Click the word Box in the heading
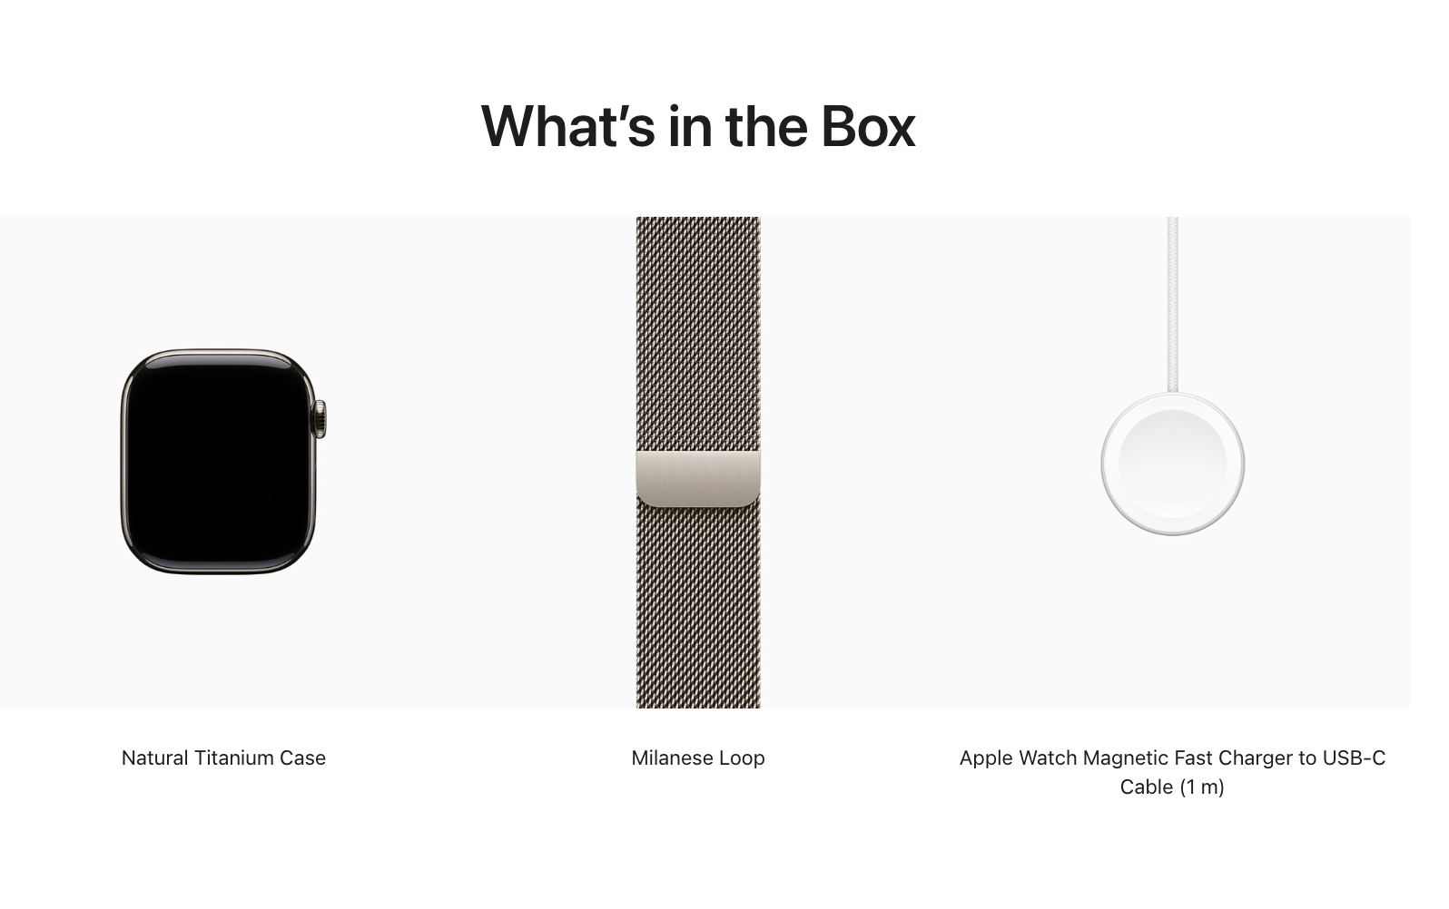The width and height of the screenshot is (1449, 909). [868, 126]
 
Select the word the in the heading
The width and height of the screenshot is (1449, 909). [766, 126]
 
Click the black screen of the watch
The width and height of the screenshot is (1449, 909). [218, 461]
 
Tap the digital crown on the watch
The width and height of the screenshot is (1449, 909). [320, 419]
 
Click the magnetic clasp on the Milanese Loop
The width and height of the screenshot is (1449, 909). [698, 478]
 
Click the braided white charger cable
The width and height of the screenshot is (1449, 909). [1173, 305]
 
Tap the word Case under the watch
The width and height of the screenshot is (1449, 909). [302, 757]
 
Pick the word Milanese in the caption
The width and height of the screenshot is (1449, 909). [669, 757]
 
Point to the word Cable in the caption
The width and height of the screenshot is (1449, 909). [1147, 787]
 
